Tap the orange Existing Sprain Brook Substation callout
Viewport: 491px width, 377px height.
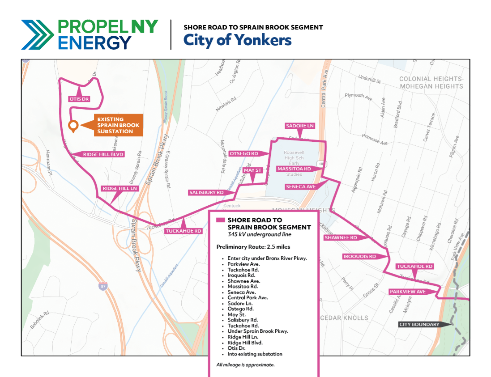(x=118, y=125)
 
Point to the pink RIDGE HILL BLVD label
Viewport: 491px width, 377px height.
(x=103, y=154)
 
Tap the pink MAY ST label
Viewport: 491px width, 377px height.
(x=252, y=170)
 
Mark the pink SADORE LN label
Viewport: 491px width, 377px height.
(x=300, y=126)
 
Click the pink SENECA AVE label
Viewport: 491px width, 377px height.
(x=301, y=186)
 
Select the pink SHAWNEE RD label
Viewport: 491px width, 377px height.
(x=341, y=238)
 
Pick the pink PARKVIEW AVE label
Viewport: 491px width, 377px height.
(x=407, y=292)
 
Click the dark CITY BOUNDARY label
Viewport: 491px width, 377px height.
(x=419, y=325)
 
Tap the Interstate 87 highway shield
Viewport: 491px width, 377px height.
(x=103, y=287)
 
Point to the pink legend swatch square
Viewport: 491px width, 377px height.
(x=220, y=220)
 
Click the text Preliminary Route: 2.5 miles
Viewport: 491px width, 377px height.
(x=253, y=247)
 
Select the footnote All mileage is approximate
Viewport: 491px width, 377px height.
(x=245, y=364)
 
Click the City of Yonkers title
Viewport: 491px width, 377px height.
(x=237, y=40)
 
